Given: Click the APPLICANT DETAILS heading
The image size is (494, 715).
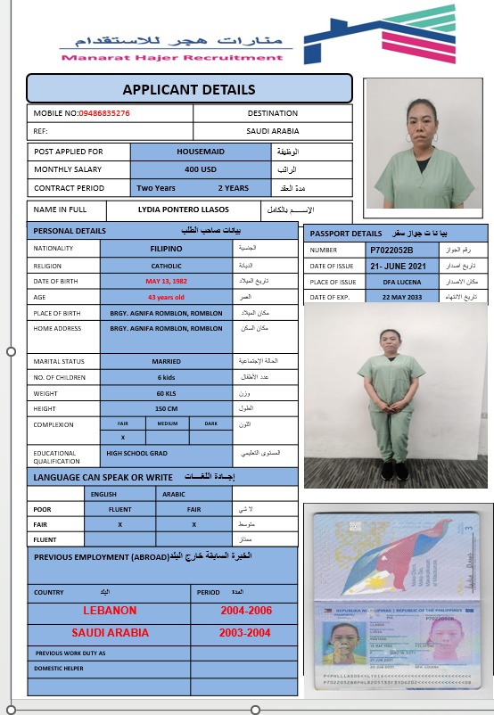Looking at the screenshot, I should click(189, 89).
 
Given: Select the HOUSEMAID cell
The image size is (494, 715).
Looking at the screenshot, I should click(201, 152).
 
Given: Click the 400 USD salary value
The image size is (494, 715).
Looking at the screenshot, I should click(201, 169).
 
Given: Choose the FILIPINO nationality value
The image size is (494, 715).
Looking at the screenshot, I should click(166, 249).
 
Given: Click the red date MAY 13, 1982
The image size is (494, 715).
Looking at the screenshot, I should click(166, 282).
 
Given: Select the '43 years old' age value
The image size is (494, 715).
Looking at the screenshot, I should click(166, 297).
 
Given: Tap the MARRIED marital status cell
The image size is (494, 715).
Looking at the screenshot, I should click(166, 362).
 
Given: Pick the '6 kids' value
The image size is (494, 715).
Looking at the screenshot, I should click(166, 378).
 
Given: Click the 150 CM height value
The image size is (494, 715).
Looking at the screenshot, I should click(166, 409).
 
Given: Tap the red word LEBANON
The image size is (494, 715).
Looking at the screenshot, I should click(110, 611).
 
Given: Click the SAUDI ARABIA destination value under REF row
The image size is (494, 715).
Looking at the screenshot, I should click(273, 131).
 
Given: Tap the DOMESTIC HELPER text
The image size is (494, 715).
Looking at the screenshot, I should click(60, 668).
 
